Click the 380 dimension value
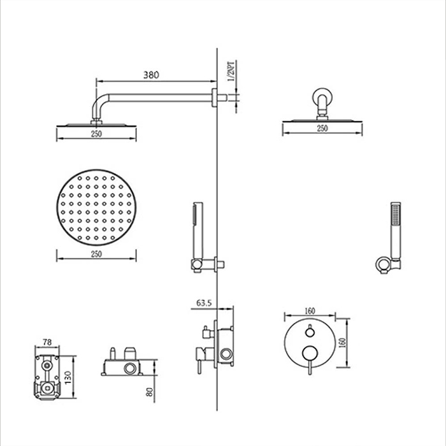point(150,75)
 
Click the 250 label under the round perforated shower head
point(96,254)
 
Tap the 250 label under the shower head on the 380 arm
point(96,135)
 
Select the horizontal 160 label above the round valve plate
point(310,312)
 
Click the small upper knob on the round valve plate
point(310,331)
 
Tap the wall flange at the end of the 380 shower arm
point(214,97)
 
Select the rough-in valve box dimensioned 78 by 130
point(47,377)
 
